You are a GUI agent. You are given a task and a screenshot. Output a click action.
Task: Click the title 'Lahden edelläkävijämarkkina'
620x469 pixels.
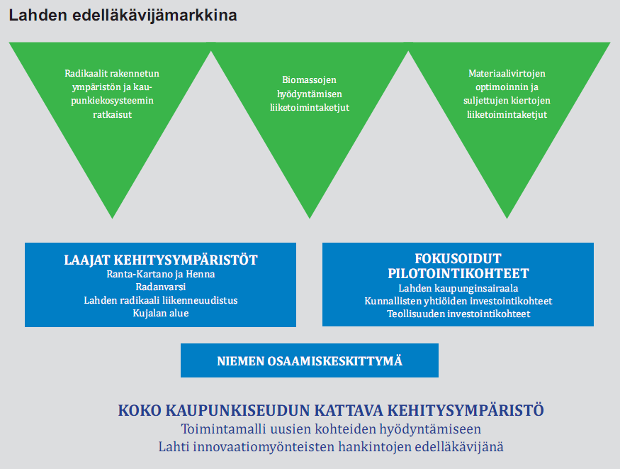(x=123, y=16)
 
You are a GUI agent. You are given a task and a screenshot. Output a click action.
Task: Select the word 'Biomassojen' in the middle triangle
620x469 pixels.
(x=309, y=79)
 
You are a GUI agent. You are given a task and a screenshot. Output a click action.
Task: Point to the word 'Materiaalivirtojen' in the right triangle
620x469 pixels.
(x=507, y=73)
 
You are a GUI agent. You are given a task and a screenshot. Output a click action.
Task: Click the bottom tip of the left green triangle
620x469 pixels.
(x=112, y=219)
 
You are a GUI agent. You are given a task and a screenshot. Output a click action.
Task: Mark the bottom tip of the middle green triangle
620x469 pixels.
(x=310, y=219)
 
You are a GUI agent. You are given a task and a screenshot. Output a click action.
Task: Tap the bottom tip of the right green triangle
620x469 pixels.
(x=507, y=219)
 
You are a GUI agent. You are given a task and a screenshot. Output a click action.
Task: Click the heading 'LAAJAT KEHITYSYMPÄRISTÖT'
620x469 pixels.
(x=161, y=260)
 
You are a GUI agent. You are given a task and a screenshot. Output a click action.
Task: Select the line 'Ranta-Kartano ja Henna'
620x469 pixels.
(x=161, y=274)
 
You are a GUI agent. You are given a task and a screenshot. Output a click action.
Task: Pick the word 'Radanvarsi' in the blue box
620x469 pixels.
(x=161, y=287)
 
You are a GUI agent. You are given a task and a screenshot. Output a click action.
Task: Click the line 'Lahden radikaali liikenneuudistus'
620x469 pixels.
(x=161, y=300)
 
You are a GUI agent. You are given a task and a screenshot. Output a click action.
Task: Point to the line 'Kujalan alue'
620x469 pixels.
(x=161, y=313)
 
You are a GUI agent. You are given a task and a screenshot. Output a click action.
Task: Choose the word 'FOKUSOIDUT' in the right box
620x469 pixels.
(x=458, y=258)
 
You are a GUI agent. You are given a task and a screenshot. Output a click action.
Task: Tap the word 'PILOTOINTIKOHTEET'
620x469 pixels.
(x=458, y=273)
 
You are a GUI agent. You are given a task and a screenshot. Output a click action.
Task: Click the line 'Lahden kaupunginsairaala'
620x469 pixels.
(x=458, y=288)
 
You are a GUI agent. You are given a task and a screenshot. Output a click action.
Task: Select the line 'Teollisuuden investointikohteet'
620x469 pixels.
(x=458, y=314)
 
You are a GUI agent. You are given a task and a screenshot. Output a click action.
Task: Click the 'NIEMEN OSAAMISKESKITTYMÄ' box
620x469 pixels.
(x=310, y=360)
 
